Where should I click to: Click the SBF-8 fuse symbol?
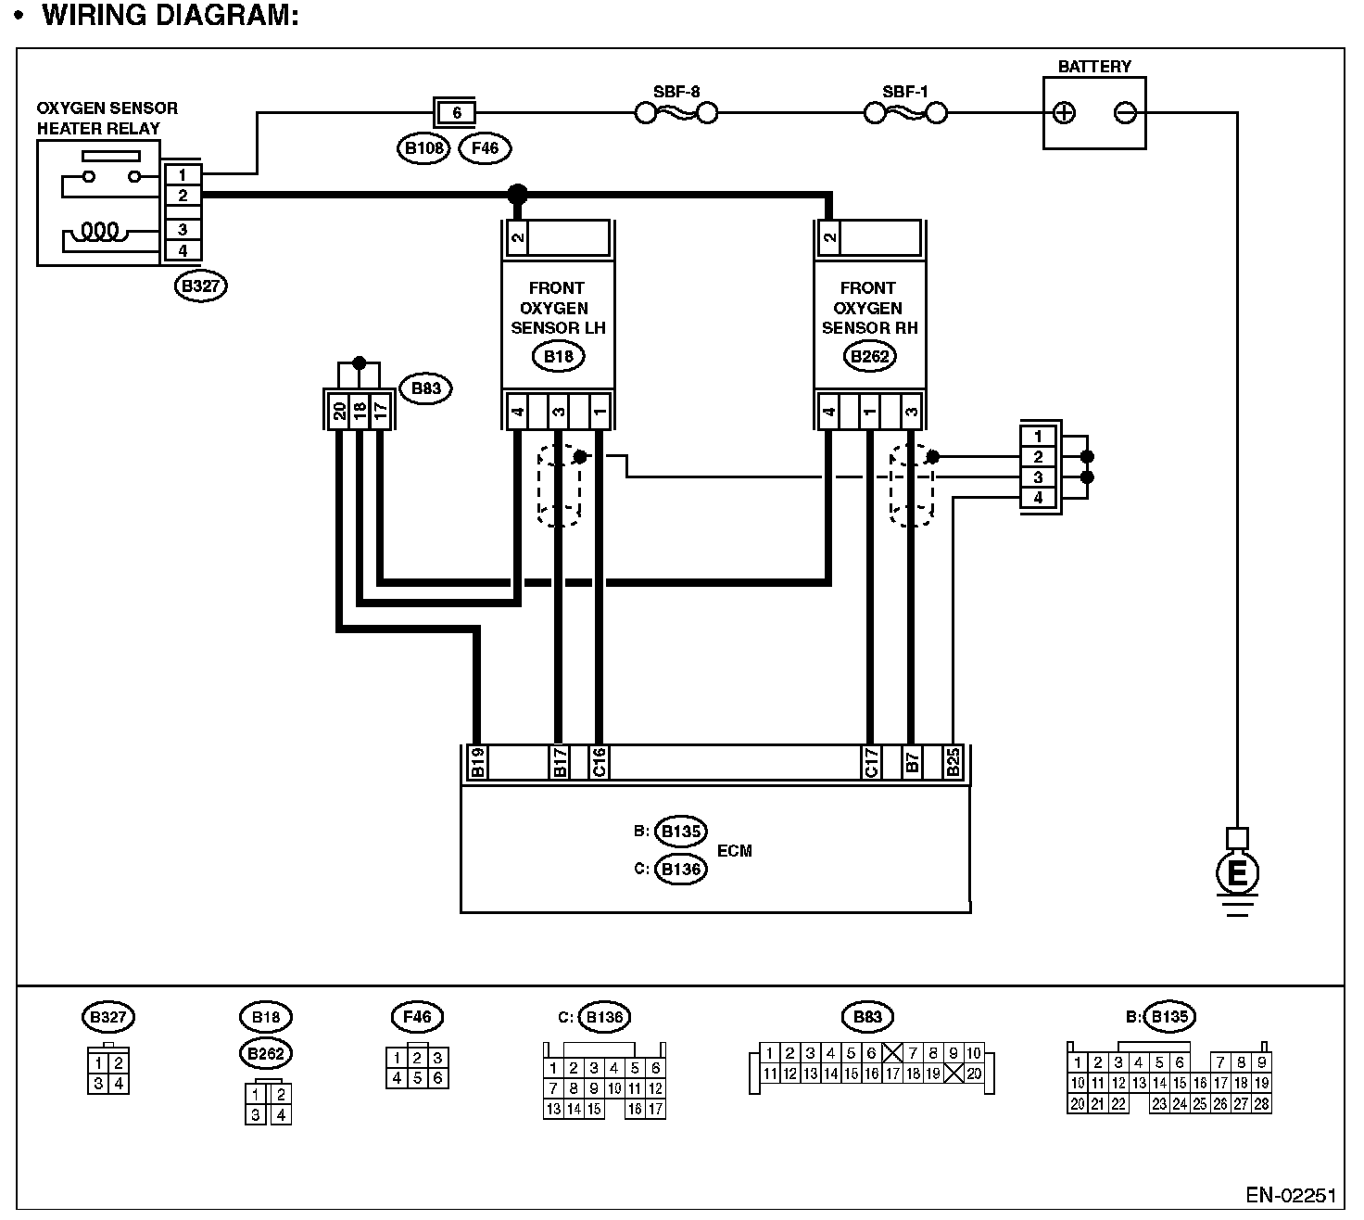676,113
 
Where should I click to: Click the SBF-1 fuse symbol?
905,113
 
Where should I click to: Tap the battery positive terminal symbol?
1065,113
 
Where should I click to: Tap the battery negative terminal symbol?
1125,113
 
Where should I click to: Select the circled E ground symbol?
1237,872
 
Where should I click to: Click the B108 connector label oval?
424,147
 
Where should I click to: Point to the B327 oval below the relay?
200,286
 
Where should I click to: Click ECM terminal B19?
477,762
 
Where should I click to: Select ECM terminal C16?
599,762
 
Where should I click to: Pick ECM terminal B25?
953,762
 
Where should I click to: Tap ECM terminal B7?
912,762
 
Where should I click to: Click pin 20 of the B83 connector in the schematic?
339,411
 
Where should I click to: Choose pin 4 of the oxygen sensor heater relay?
183,250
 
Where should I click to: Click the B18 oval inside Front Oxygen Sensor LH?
558,356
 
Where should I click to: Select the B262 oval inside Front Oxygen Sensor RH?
869,356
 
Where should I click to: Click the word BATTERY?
1094,67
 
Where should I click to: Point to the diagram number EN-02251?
1290,1195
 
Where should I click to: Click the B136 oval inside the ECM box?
680,870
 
